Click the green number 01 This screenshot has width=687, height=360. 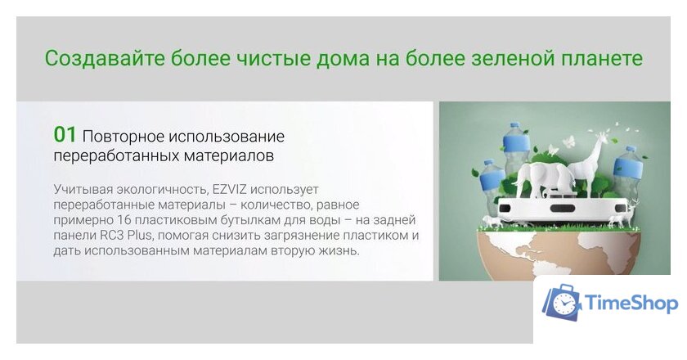click(65, 134)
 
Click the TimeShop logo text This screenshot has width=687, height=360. click(631, 304)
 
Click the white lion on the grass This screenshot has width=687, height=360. click(491, 222)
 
